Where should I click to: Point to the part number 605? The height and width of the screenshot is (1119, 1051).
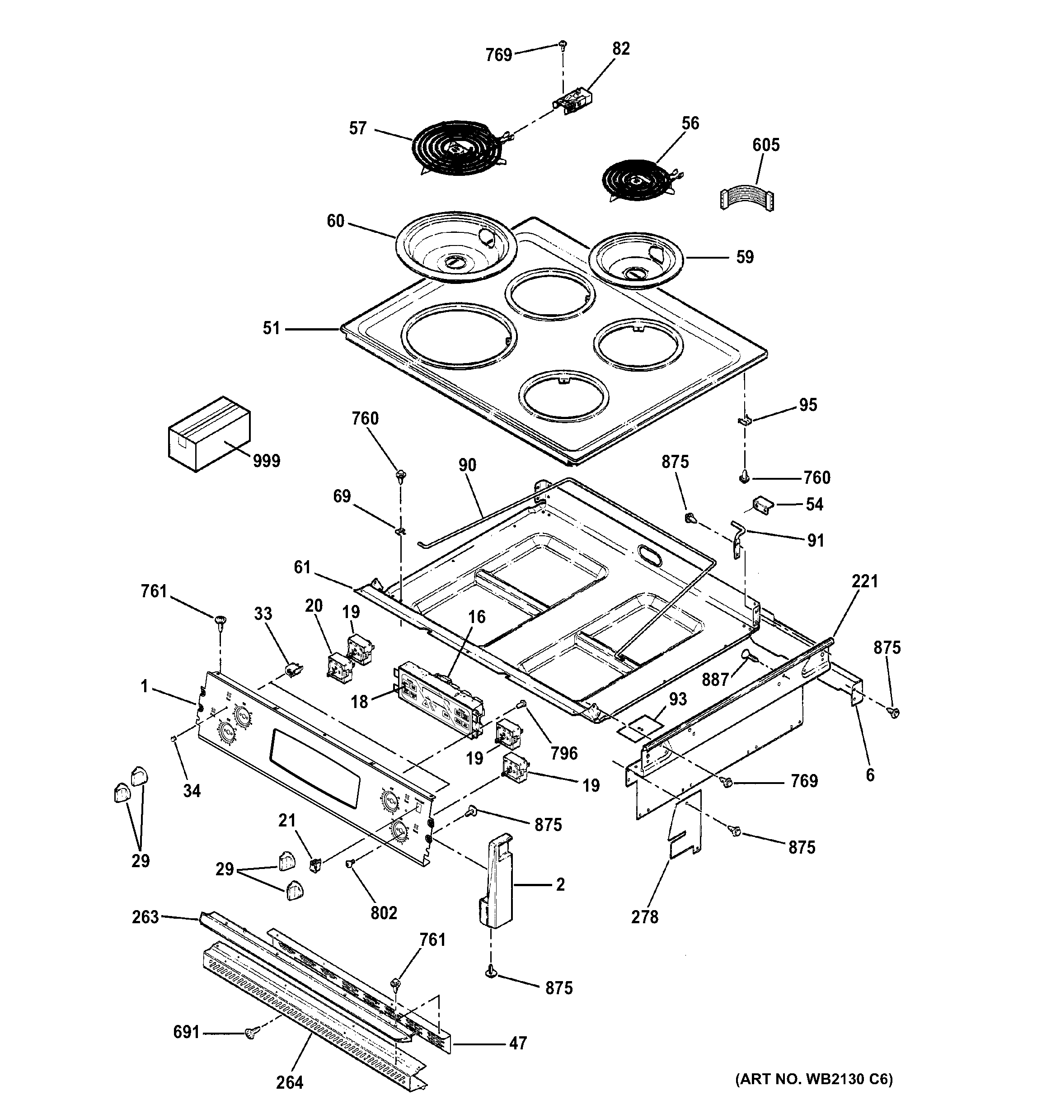766,145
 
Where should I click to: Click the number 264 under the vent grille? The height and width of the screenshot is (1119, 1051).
289,1082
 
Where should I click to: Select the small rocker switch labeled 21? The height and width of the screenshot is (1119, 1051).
316,864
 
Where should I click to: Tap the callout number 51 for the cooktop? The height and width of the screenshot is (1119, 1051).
271,328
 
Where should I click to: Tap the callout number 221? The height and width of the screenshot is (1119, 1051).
864,581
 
